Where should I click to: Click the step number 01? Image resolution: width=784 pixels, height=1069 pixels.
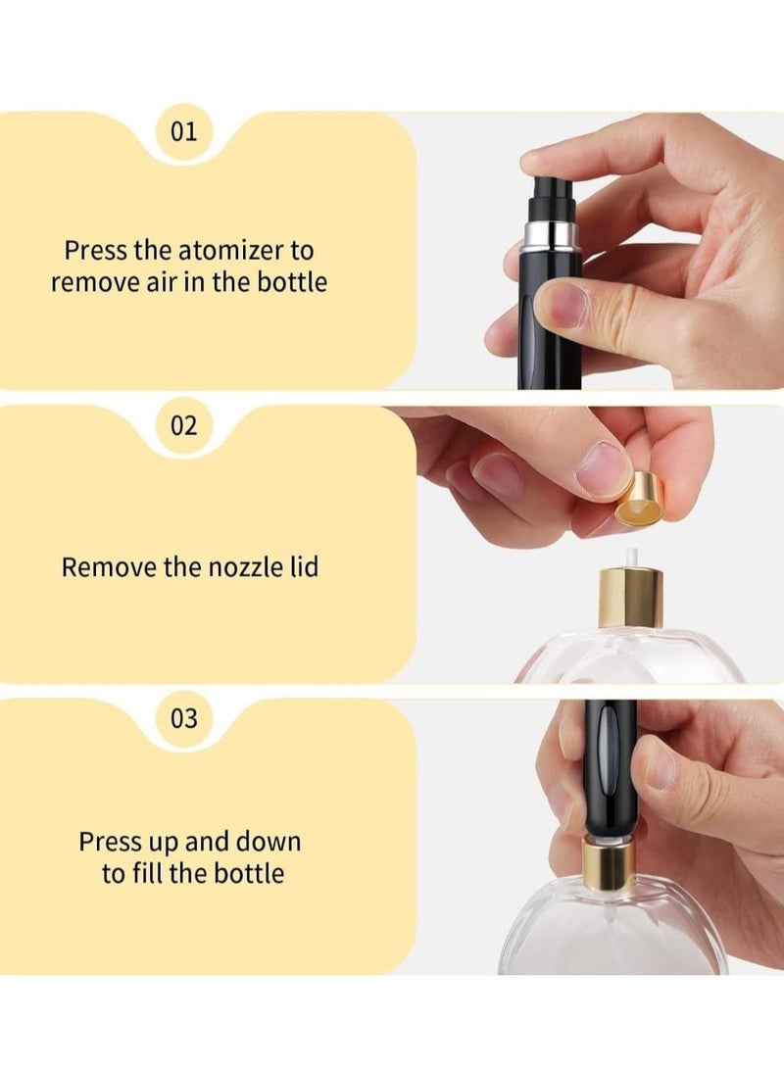pyautogui.click(x=183, y=131)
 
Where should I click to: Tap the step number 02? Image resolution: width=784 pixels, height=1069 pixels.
pyautogui.click(x=183, y=425)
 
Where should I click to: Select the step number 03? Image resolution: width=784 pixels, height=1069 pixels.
pyautogui.click(x=183, y=718)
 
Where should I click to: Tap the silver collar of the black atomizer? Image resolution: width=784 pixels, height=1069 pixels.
pyautogui.click(x=551, y=235)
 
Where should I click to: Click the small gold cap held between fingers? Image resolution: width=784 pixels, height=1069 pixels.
pyautogui.click(x=638, y=501)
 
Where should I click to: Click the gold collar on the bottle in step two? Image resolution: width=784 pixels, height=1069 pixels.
pyautogui.click(x=630, y=600)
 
